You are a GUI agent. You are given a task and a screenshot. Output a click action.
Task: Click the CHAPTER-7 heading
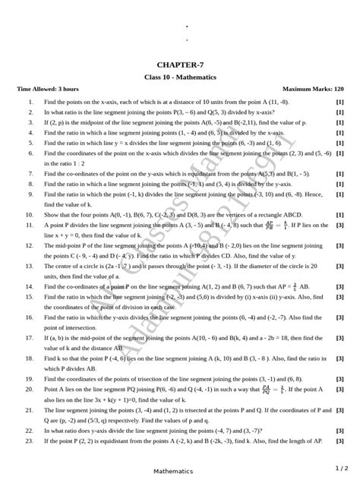pyautogui.click(x=180, y=65)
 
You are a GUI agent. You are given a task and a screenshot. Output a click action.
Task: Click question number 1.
pyautogui.click(x=29, y=101)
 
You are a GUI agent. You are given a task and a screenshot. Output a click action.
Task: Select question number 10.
pyautogui.click(x=28, y=214)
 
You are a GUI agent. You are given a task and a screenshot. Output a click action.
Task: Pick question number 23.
pyautogui.click(x=28, y=441)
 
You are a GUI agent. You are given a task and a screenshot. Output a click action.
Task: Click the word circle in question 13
pyautogui.click(x=76, y=266)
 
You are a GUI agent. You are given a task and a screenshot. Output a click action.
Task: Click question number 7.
pyautogui.click(x=29, y=173)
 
